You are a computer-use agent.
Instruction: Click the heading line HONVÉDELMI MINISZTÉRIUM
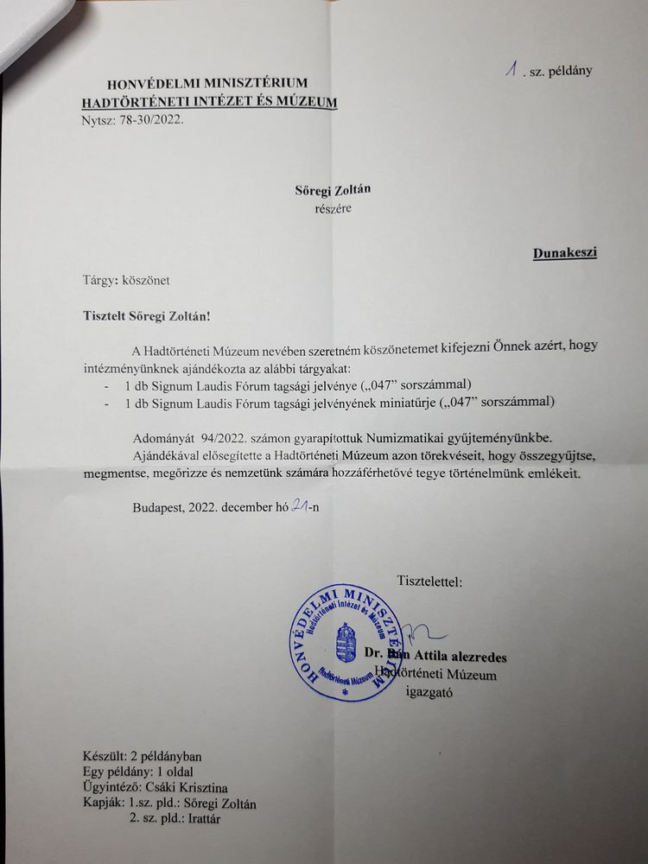point(206,84)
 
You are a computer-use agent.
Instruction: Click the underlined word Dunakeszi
point(565,253)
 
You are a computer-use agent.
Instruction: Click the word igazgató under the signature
point(429,692)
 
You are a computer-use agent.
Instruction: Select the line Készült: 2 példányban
point(143,756)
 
